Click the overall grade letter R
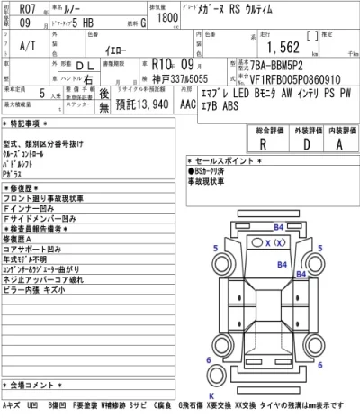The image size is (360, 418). coord(261,142)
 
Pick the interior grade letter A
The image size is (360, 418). coord(338,142)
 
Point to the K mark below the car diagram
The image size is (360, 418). coord(211,395)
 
